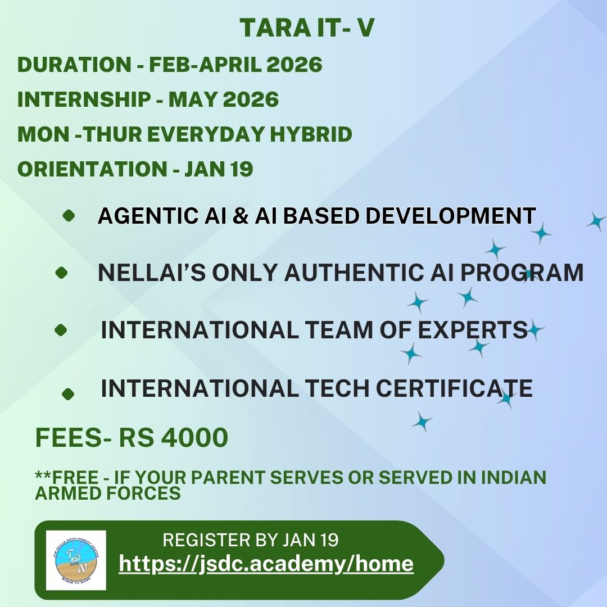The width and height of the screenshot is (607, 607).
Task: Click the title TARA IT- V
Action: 307,28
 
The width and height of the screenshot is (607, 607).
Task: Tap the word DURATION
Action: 74,64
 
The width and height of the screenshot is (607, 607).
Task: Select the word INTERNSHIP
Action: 84,99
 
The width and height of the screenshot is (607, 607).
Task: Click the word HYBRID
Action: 311,134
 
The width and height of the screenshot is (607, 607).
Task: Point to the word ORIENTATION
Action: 92,169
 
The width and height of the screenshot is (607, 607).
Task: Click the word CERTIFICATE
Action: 454,388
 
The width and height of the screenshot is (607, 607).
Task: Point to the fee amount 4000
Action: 194,438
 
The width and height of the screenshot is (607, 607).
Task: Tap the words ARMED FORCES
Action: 107,493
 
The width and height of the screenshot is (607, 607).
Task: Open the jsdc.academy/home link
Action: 266,564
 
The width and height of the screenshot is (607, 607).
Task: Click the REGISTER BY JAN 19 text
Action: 251,540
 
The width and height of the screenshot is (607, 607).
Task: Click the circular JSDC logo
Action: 76,560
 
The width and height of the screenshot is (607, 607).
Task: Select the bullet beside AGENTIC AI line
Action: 69,216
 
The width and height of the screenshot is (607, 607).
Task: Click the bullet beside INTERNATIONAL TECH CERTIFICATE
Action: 68,394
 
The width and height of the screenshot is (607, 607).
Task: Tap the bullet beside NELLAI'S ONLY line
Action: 62,273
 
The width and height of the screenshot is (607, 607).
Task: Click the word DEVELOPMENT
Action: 451,216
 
